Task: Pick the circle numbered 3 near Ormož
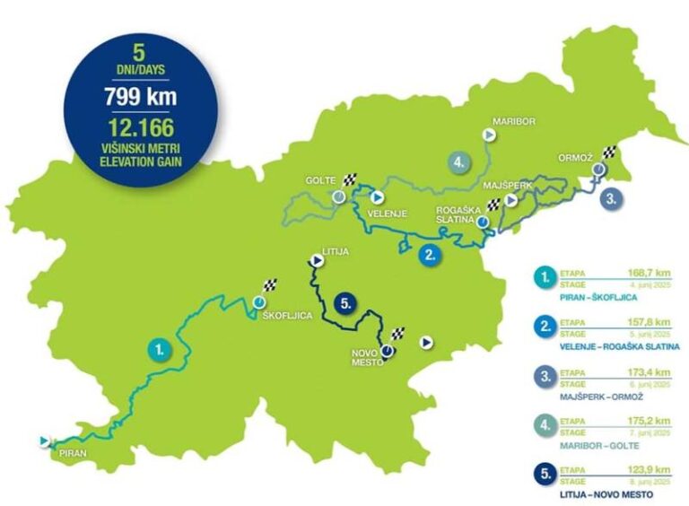610,198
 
